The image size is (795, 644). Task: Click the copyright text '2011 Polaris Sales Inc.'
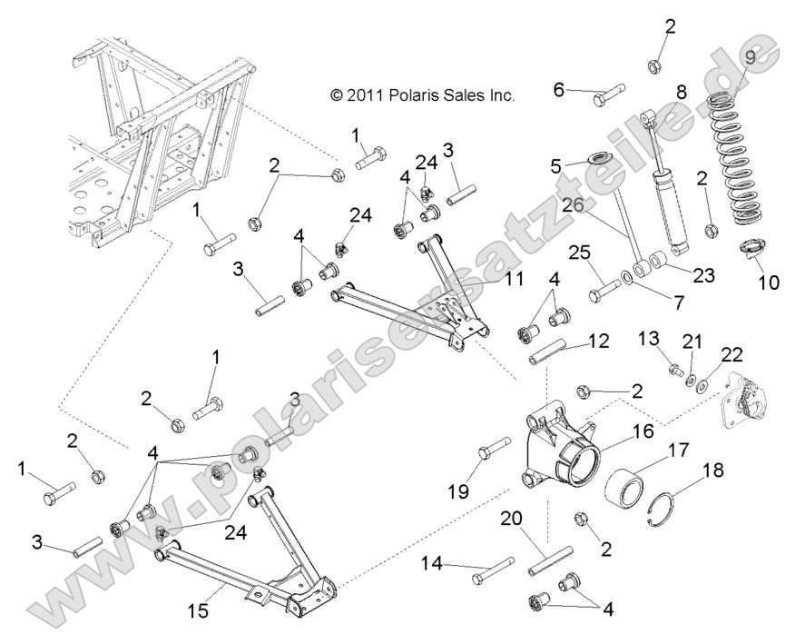[422, 94]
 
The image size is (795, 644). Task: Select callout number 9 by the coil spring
[749, 58]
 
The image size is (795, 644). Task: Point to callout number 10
[768, 282]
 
